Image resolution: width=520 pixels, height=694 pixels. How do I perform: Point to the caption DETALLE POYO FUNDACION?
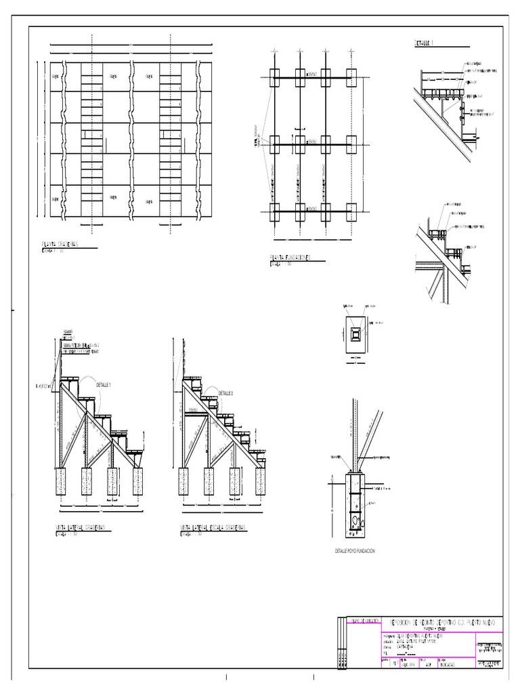355,551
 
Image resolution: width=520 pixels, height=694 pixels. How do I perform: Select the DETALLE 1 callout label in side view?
104,384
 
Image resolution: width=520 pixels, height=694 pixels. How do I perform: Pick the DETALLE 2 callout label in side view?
227,392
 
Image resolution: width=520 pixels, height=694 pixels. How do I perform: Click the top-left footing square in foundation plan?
274,75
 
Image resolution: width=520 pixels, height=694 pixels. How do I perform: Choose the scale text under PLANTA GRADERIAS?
53,250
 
